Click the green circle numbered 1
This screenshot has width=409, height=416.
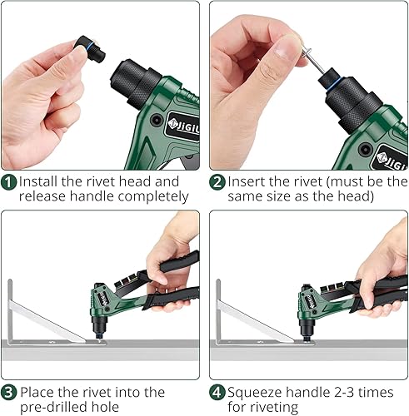pos(8,182)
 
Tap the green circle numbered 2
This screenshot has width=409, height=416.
pos(217,182)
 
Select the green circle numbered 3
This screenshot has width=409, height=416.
pos(8,393)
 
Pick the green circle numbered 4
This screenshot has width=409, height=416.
pos(217,393)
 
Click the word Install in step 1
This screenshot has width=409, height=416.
pos(38,181)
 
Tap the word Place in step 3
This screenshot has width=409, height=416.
pos(37,392)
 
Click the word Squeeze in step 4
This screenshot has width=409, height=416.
pos(255,393)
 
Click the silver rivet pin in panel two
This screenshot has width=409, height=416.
pos(313,60)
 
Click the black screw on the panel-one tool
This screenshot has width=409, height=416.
pos(157,120)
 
